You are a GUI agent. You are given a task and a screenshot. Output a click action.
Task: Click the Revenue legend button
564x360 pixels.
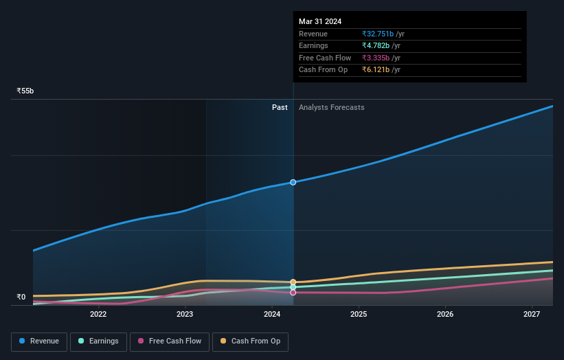click(39, 341)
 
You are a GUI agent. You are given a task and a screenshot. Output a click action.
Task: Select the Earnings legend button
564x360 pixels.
click(98, 341)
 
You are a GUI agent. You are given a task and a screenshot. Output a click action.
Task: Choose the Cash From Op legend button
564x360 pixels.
click(250, 341)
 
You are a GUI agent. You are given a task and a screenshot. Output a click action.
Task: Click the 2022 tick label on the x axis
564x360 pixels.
click(98, 315)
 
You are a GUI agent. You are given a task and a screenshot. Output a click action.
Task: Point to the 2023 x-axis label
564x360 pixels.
click(185, 315)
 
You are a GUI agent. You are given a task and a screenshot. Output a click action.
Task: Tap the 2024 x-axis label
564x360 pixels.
click(272, 315)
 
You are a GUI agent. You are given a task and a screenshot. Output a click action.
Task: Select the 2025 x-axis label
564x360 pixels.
click(359, 315)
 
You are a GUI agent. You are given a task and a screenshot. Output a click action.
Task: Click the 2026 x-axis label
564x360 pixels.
click(445, 315)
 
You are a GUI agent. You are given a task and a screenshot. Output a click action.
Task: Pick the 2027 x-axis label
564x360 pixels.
click(532, 315)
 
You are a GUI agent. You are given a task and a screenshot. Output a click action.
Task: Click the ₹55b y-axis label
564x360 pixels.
click(25, 91)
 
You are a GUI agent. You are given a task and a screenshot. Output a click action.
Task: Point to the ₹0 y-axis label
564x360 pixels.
click(21, 297)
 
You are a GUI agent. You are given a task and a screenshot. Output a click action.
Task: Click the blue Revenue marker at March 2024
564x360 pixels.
click(293, 182)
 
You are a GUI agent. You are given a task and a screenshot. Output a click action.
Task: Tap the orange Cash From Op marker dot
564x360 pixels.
click(293, 282)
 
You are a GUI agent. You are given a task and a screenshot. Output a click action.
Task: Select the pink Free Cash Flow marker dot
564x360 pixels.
click(293, 293)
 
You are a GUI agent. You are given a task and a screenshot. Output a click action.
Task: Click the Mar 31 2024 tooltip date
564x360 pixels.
click(320, 21)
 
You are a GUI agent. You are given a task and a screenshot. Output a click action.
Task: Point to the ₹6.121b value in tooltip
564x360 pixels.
click(376, 70)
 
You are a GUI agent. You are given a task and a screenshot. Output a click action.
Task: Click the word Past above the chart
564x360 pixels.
click(280, 107)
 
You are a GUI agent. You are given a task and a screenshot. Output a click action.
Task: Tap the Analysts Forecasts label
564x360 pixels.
click(332, 107)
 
